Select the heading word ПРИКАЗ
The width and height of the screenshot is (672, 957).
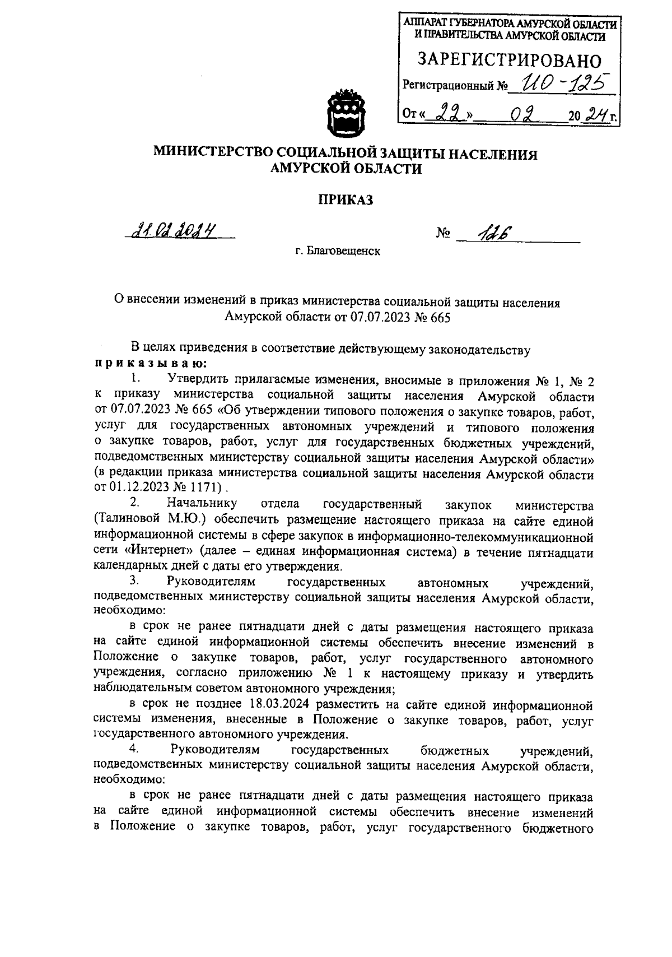(x=346, y=200)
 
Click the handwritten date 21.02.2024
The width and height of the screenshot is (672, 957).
(x=174, y=230)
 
